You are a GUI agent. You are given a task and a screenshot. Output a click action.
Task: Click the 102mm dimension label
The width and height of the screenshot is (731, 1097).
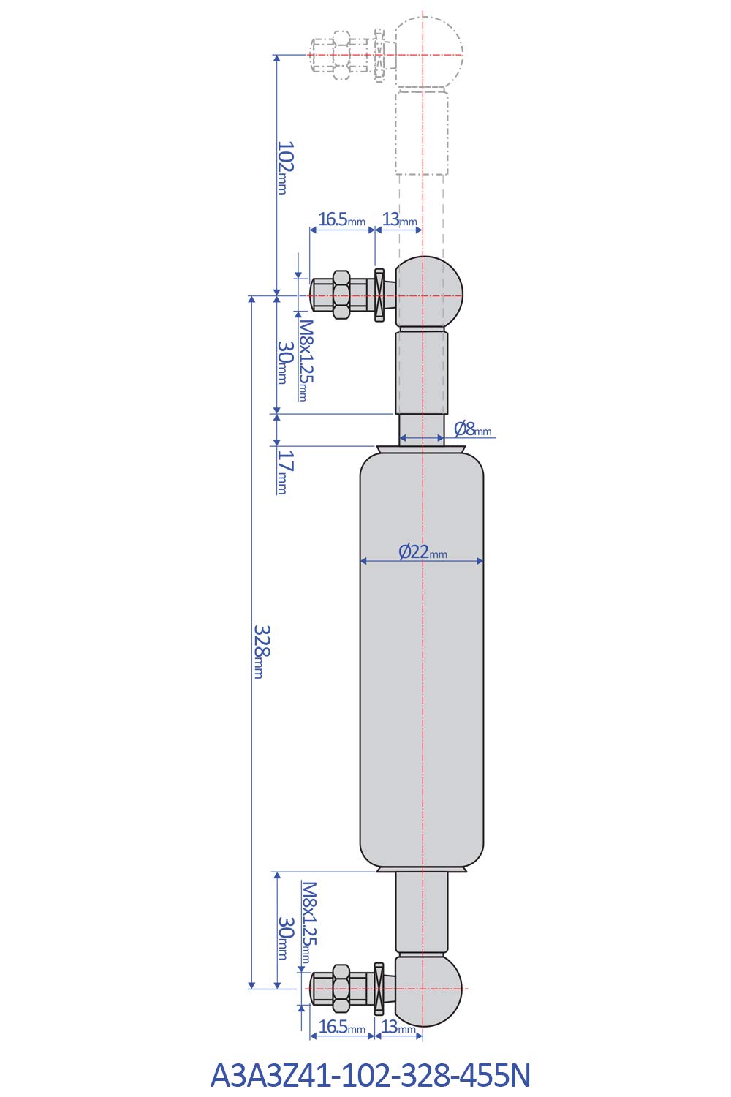coord(284,167)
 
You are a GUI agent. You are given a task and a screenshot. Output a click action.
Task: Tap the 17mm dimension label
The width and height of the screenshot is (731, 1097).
coord(284,472)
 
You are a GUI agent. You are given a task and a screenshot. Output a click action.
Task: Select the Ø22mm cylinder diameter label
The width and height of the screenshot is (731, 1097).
coord(423,551)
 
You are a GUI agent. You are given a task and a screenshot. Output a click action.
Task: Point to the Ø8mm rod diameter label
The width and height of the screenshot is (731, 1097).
coord(472,429)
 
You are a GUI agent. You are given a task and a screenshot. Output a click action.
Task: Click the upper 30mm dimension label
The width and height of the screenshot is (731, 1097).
coord(284,362)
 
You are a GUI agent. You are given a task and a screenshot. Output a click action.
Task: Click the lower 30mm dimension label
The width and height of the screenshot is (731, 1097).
coord(284,938)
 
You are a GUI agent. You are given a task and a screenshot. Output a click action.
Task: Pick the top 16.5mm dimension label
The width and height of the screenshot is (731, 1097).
coord(341,219)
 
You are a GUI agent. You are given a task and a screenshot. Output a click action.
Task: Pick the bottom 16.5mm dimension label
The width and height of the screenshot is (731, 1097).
coord(341,1027)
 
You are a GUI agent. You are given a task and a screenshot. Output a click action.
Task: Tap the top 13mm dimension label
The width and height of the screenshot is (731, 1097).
coord(399,219)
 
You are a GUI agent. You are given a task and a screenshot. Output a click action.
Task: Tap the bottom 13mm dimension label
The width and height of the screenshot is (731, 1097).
coord(398,1027)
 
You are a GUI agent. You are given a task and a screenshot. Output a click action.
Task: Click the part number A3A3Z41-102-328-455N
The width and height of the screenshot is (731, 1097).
coord(370,1075)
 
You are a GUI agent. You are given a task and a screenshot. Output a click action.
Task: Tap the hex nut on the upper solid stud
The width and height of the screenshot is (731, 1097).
coord(341,295)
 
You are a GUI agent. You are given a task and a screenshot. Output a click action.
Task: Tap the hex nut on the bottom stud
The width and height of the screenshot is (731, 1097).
coord(341,989)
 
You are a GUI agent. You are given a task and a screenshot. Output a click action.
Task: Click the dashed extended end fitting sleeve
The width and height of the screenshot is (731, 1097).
coord(422,132)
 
